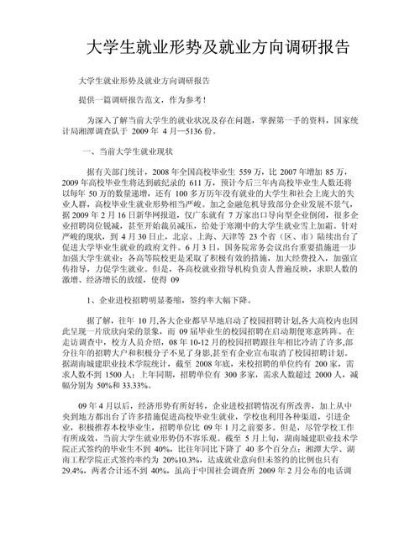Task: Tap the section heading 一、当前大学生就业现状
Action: (123, 152)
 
